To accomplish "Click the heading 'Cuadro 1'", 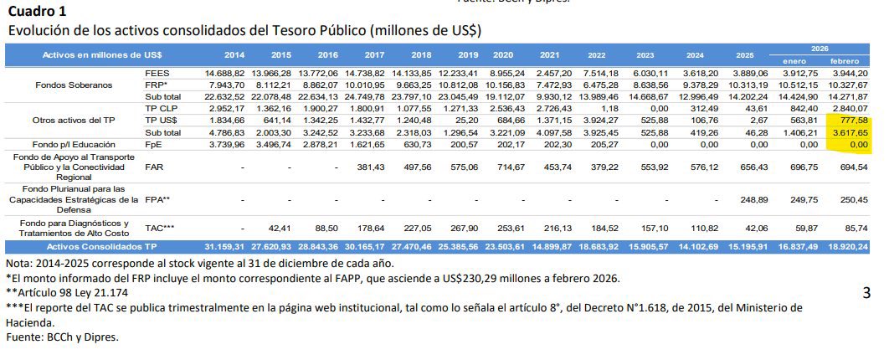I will click(39, 11).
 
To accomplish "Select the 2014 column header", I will click(234, 54).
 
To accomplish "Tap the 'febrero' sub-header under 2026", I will click(846, 61).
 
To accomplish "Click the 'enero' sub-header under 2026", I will click(795, 61).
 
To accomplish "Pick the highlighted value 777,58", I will click(851, 120).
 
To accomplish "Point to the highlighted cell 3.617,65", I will click(848, 131).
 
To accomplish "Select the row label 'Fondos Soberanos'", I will click(73, 85).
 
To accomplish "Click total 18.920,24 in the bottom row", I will click(846, 247).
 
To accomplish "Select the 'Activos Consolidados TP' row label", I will click(102, 247).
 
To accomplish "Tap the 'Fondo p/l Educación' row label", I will click(73, 144).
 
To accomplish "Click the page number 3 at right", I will click(866, 293).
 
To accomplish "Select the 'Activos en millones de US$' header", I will click(102, 54).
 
